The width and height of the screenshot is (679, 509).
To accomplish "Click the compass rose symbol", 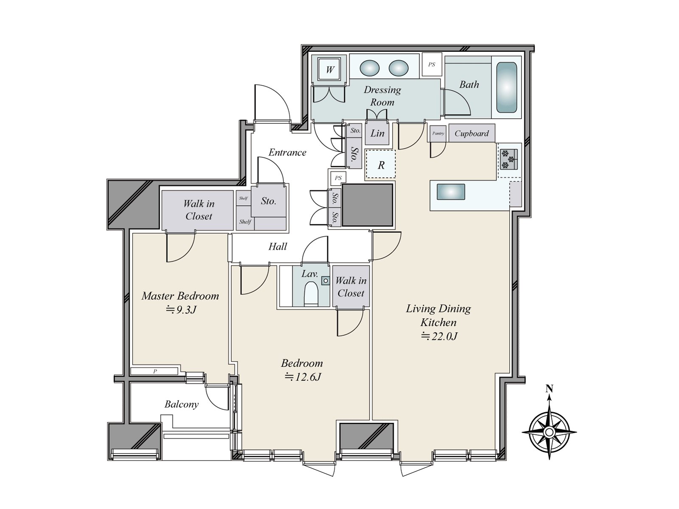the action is click(549, 432).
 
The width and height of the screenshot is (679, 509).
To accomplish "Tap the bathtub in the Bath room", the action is click(506, 87).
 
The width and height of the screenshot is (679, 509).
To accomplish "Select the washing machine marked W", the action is click(330, 70).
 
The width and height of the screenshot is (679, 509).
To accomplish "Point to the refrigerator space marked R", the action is click(380, 164).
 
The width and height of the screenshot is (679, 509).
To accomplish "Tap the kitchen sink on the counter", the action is click(450, 192).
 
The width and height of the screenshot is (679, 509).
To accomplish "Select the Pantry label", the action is click(438, 134).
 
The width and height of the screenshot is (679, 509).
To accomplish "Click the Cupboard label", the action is click(471, 134).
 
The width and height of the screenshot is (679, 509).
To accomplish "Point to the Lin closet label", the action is click(377, 134).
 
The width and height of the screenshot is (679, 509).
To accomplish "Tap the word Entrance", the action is click(287, 152).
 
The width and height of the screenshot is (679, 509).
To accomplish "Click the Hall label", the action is click(278, 246).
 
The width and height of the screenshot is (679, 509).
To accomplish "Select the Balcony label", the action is click(181, 404).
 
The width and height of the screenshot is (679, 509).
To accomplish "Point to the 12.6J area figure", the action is click(303, 377).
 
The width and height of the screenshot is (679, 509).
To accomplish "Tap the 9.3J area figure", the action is click(181, 309).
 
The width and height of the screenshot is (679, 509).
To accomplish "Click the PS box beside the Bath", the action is click(432, 64).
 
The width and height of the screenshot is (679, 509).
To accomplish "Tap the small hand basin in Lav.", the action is click(325, 281).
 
